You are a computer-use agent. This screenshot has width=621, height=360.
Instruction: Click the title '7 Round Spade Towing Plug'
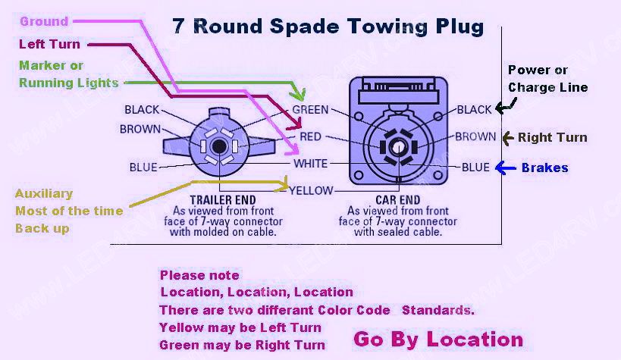(328, 27)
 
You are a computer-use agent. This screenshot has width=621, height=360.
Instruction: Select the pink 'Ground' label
(44, 21)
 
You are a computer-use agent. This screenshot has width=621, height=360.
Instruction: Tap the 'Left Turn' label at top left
(49, 44)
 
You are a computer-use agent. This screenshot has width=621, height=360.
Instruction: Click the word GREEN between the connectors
(310, 110)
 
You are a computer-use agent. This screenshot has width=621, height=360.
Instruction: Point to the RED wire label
(310, 136)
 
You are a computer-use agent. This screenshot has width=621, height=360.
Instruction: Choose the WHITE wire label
(311, 164)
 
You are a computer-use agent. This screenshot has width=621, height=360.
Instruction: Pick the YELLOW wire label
(311, 190)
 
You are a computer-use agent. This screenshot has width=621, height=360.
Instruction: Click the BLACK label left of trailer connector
(142, 110)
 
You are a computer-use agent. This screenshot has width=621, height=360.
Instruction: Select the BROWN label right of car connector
(475, 136)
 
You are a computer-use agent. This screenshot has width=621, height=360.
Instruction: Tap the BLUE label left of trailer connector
(143, 167)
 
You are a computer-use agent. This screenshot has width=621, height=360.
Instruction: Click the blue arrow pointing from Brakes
(506, 168)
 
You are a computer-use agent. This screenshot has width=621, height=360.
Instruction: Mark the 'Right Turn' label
(553, 137)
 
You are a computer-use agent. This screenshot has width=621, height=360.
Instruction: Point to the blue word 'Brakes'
(544, 167)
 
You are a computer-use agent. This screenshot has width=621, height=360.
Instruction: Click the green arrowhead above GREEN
(297, 94)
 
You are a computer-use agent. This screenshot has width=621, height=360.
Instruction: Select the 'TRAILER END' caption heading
(223, 200)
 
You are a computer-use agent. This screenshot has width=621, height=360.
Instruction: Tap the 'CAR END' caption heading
(397, 200)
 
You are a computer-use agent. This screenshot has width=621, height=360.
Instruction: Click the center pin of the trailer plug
(218, 146)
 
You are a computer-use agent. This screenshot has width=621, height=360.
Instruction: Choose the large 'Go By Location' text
(438, 340)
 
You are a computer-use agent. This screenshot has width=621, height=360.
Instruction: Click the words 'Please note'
(199, 275)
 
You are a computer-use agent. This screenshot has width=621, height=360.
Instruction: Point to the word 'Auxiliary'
(44, 194)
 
